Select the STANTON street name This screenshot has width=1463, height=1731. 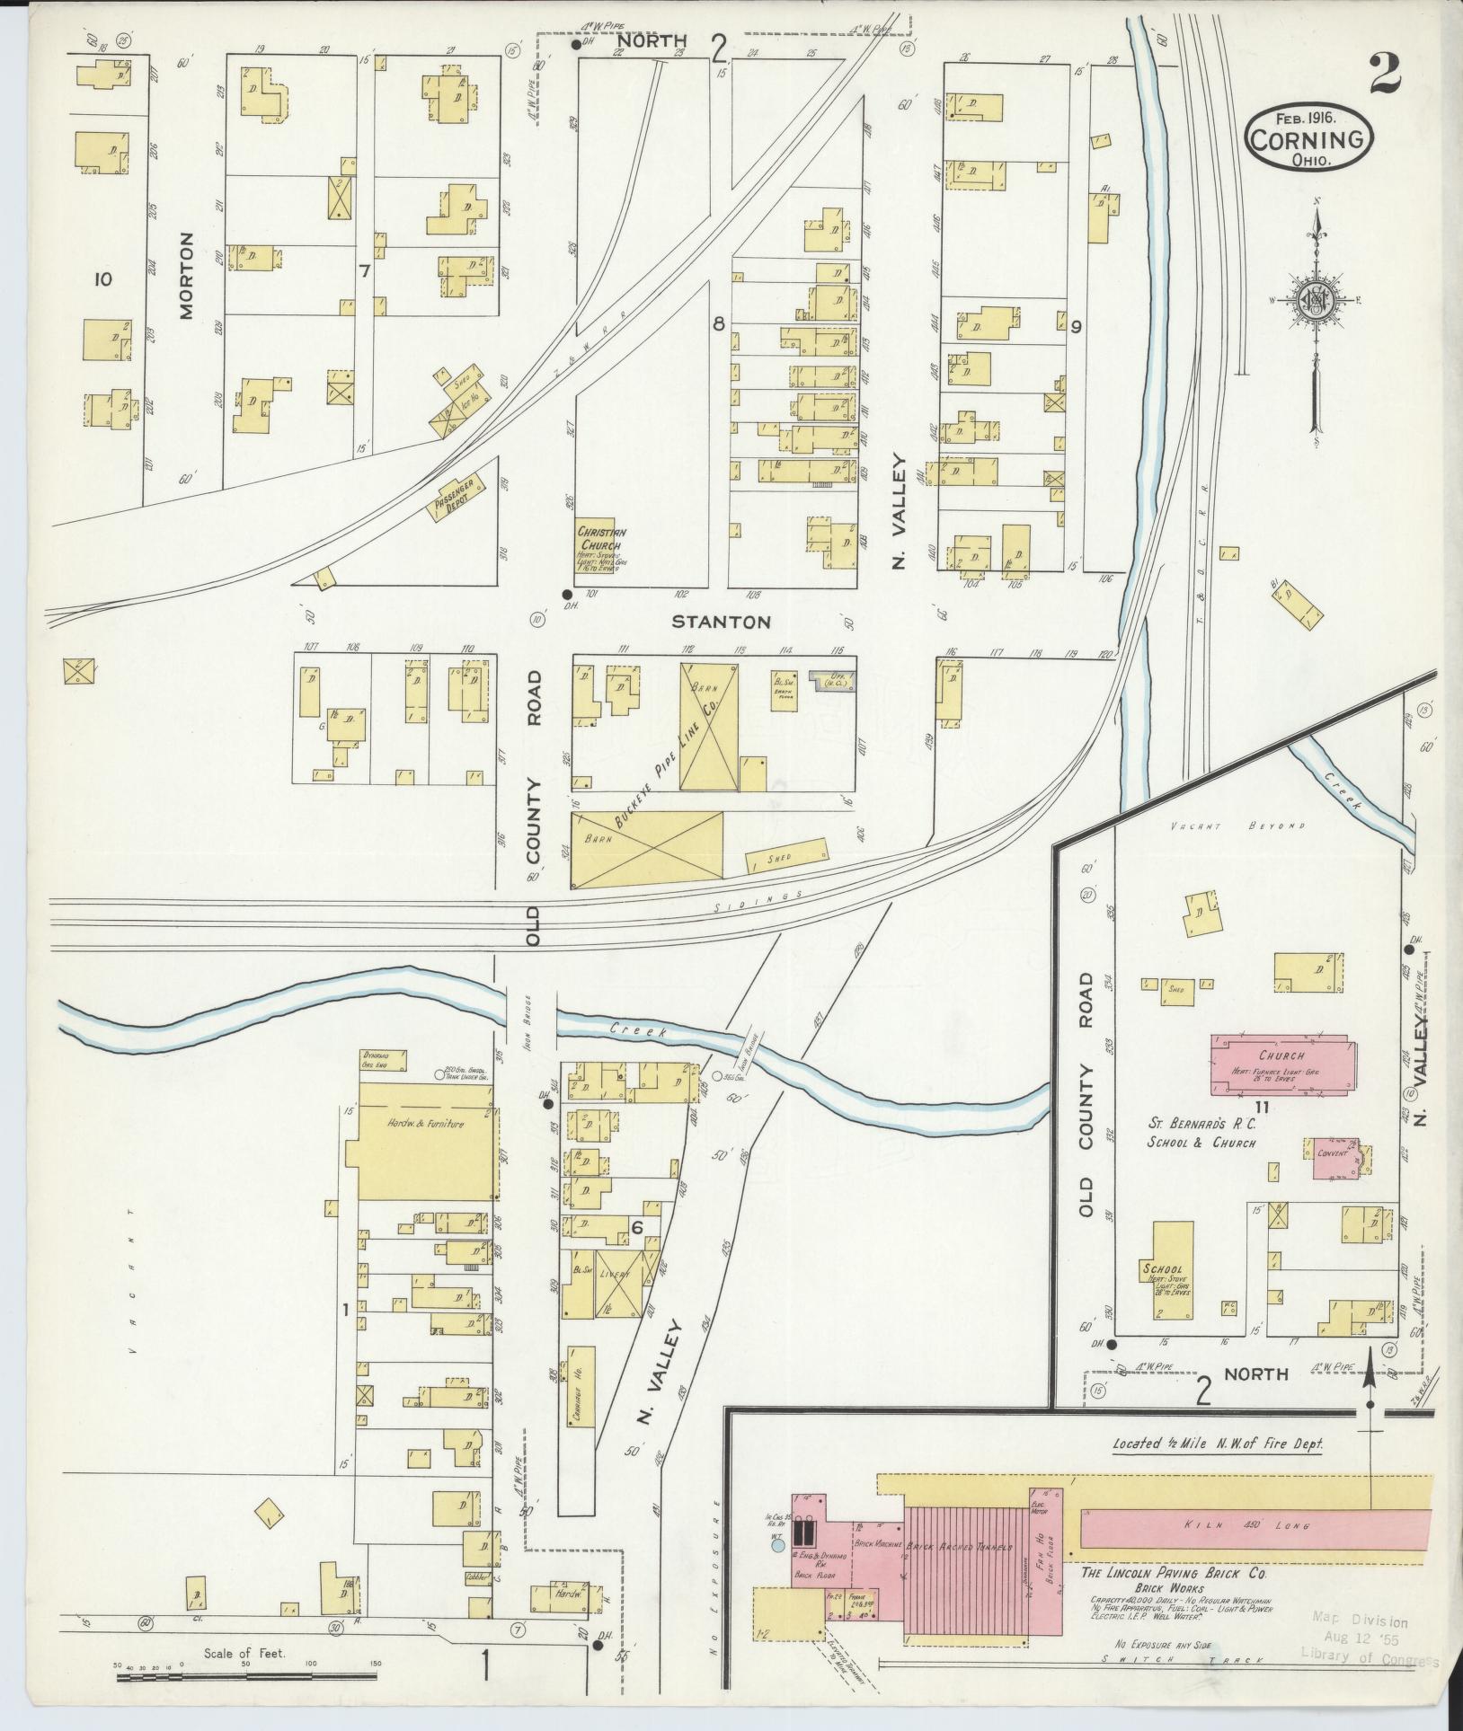click(x=722, y=621)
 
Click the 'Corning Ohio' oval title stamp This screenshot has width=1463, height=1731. click(x=1309, y=137)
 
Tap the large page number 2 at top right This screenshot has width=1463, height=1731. click(x=1385, y=74)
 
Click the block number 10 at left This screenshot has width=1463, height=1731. click(x=102, y=279)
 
